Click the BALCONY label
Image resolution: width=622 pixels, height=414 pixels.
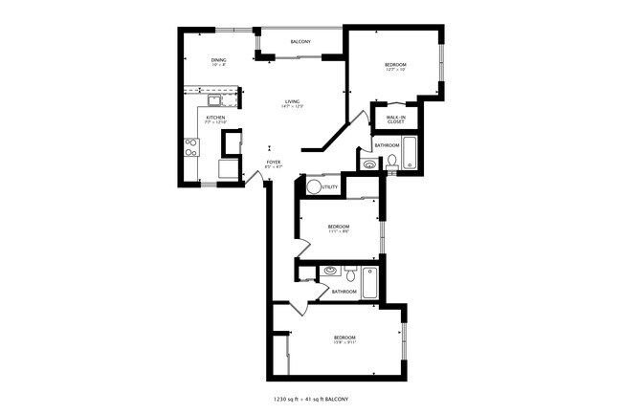point(300,42)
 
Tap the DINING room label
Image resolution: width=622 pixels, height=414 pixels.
point(219,61)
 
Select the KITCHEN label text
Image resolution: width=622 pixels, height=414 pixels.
point(215,118)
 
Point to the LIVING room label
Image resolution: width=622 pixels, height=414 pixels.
point(292,101)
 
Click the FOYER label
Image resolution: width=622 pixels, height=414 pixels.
point(274,163)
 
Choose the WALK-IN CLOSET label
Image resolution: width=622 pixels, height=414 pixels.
point(395,119)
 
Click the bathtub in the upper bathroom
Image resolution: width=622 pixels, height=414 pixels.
point(411,153)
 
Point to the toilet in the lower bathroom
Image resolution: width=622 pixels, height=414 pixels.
point(350,273)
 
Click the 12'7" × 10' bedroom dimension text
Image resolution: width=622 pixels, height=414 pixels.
point(395,70)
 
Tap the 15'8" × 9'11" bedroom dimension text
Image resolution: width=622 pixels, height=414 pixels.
point(344,343)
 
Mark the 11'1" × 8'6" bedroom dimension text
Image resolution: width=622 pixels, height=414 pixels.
point(325,230)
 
